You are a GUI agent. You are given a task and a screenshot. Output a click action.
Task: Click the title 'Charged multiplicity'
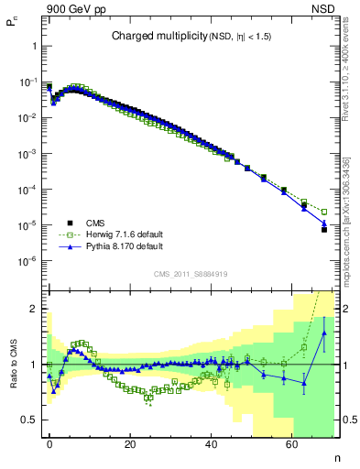pyautogui.click(x=150, y=37)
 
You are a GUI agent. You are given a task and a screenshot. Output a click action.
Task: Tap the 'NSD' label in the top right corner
pyautogui.click(x=322, y=8)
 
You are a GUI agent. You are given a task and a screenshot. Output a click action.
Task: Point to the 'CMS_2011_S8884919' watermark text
pyautogui.click(x=191, y=273)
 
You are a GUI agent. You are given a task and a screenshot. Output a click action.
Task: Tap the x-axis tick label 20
pyautogui.click(x=130, y=444)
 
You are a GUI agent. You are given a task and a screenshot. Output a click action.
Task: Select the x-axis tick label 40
pyautogui.click(x=211, y=444)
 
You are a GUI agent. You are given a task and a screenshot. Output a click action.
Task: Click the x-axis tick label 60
pyautogui.click(x=291, y=444)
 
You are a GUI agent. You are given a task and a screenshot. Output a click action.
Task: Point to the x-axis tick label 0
pyautogui.click(x=49, y=444)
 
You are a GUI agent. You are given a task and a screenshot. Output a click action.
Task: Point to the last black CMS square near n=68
pyautogui.click(x=324, y=229)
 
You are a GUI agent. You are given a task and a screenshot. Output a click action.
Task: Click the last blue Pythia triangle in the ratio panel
pyautogui.click(x=324, y=333)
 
